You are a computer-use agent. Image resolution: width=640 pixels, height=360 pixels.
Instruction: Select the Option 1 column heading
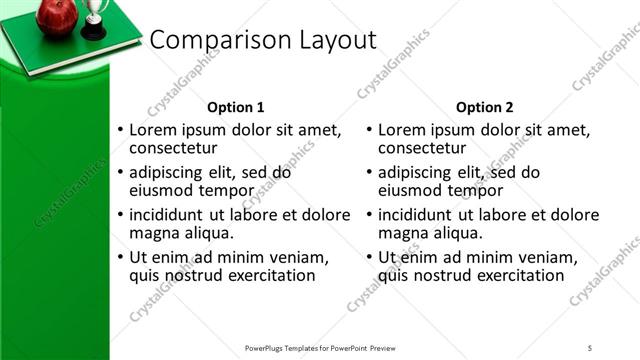click(236, 107)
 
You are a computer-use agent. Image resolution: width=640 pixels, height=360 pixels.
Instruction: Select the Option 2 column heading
click(485, 107)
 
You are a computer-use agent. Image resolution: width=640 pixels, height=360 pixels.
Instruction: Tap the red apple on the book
click(56, 16)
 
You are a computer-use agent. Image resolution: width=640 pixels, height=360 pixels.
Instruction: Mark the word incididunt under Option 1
click(172, 214)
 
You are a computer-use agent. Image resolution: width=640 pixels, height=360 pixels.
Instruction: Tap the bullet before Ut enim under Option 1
click(121, 257)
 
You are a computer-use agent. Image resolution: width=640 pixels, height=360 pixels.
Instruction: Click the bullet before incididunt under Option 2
click(369, 215)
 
